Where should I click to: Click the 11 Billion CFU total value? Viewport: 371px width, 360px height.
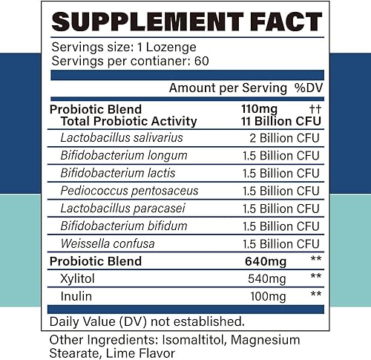[x=275, y=121]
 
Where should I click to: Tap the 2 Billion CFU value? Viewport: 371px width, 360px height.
[x=284, y=137]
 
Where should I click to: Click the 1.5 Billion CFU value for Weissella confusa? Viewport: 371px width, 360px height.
[x=280, y=243]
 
